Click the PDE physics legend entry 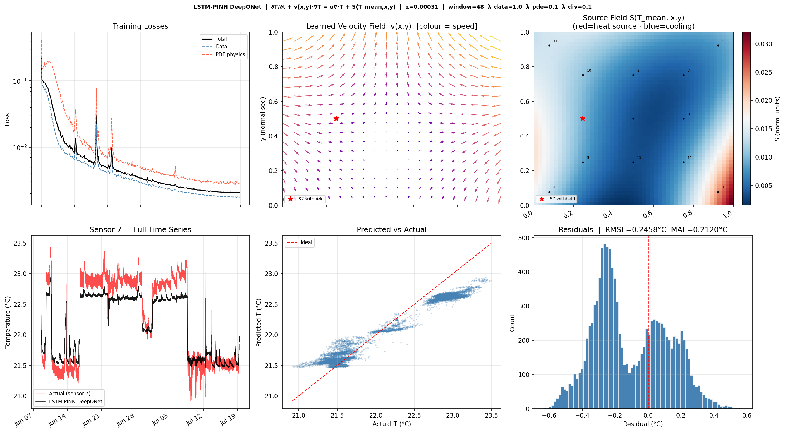[x=230, y=54]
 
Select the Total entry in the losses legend [x=221, y=39]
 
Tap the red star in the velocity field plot [x=336, y=119]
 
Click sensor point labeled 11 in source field [x=549, y=46]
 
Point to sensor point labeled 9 [x=718, y=46]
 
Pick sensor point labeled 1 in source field [x=718, y=192]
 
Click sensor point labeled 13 [x=633, y=162]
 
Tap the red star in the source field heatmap [x=583, y=119]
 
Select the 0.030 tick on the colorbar [x=763, y=44]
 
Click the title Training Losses [x=140, y=26]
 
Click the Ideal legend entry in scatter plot [x=306, y=243]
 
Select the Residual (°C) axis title [x=643, y=424]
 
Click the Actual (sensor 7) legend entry [x=69, y=394]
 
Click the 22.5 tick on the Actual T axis [x=414, y=416]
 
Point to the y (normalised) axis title [x=263, y=119]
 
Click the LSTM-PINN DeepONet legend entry [x=75, y=402]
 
